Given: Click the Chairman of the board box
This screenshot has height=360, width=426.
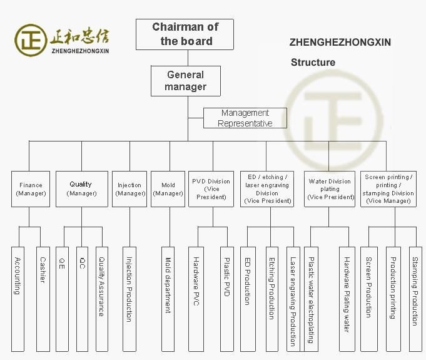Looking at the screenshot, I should click(x=185, y=34).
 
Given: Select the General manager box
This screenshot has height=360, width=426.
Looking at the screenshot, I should click(x=185, y=81).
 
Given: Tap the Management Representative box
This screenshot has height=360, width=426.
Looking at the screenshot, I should click(x=245, y=118).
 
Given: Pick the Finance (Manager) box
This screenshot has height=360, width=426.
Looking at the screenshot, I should click(x=31, y=189).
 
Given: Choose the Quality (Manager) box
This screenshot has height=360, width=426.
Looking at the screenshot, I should click(x=81, y=188).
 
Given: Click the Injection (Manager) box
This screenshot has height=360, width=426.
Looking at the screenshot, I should click(x=129, y=189).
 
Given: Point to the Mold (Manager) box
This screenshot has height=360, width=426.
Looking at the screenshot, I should click(x=168, y=189).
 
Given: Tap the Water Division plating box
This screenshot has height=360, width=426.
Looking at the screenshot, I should click(x=330, y=189).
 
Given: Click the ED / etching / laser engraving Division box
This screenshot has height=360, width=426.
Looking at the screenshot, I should click(x=268, y=189).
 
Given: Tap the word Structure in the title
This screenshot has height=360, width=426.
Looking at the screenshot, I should click(x=313, y=62).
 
